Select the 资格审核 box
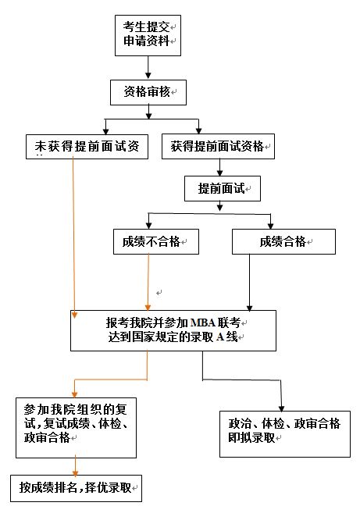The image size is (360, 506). (148, 91)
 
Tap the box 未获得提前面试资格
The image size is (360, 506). (86, 146)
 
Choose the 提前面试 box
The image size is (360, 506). (222, 188)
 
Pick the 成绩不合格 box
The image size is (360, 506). (155, 241)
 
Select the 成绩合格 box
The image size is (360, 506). (283, 241)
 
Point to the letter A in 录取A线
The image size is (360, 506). (220, 337)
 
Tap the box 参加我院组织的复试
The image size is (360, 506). (76, 427)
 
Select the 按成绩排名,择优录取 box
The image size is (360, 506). (79, 487)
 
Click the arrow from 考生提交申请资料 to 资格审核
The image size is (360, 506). (148, 67)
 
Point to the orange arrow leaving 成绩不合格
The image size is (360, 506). (148, 281)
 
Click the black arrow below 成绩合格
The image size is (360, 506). (249, 281)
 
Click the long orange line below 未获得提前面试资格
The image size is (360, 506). (73, 234)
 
